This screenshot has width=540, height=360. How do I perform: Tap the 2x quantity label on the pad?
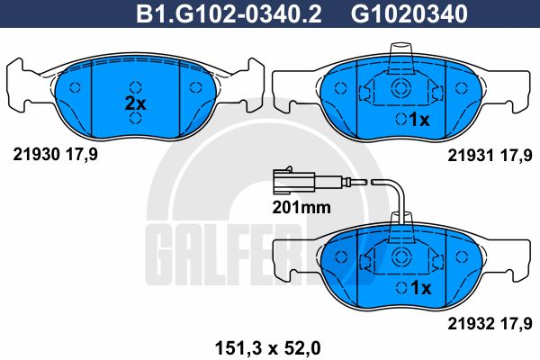pos(134,103)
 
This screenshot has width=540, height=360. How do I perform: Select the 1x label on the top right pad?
pos(420,119)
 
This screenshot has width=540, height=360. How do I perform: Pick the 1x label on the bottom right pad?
pos(420,287)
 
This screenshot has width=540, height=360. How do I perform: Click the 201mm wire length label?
pos(302,206)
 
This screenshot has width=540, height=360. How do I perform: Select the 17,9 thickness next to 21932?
pos(517,319)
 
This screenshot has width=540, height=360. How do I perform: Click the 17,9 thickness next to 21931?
pos(517,154)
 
